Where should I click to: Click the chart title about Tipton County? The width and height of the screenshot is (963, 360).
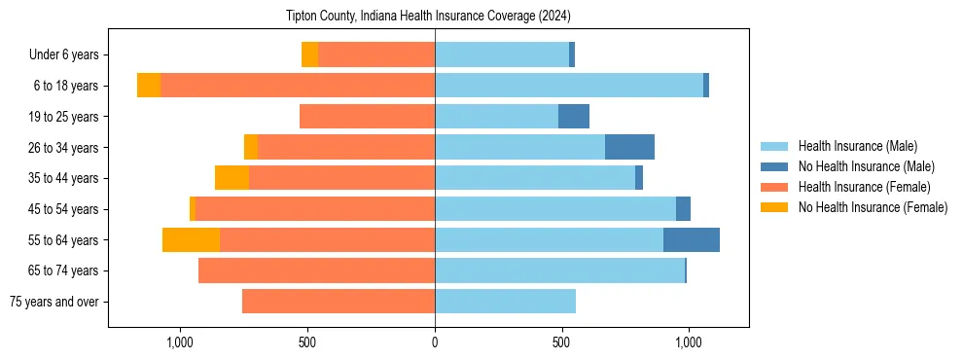(428, 17)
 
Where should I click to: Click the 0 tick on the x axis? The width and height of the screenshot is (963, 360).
(435, 342)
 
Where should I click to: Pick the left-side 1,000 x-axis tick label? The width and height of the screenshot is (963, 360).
(180, 342)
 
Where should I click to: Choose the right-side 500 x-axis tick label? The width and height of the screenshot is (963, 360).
(561, 342)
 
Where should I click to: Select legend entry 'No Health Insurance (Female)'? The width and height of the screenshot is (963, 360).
(873, 207)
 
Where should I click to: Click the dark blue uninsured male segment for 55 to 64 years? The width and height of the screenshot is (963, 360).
(692, 239)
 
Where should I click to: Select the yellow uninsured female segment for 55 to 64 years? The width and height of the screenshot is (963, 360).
(191, 239)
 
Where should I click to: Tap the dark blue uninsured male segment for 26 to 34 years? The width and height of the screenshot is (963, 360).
(629, 147)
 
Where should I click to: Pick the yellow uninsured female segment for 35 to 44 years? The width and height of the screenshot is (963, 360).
(232, 178)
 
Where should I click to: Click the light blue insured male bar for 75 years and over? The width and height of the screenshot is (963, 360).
(505, 302)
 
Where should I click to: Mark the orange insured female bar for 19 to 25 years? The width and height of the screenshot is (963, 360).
(367, 117)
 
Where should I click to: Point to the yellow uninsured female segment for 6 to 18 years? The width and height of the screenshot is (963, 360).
(149, 86)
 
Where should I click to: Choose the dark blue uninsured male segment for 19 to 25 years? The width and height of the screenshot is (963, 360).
(574, 117)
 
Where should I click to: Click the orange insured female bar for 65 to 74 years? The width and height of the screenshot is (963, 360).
(316, 270)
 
